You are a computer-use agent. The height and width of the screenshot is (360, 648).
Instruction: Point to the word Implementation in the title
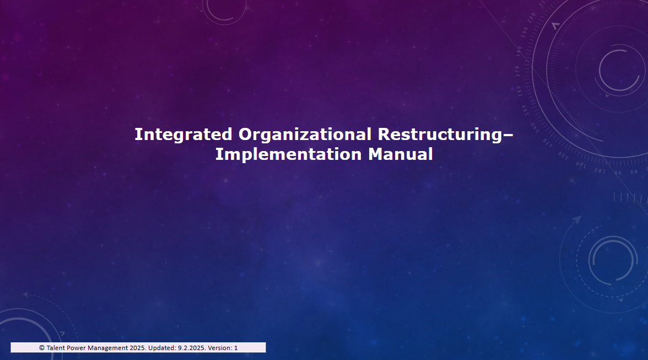click(289, 154)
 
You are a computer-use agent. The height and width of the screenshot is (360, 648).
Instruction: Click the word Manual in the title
click(401, 154)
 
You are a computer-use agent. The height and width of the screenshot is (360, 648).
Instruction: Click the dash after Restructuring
click(508, 135)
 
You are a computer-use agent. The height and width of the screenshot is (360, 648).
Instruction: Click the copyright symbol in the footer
click(42, 348)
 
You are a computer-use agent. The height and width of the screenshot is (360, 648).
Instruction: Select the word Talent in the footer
click(56, 348)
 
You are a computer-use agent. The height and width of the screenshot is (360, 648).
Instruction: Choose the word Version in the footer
click(220, 348)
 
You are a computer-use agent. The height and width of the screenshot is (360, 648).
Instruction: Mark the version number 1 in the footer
click(236, 348)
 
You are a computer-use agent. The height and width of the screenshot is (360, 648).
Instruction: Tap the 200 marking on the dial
click(531, 18)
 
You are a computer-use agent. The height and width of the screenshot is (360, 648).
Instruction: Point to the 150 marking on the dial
click(525, 110)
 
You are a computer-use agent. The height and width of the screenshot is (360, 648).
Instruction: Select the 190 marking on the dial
click(523, 32)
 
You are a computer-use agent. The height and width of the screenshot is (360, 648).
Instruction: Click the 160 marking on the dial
click(519, 91)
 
